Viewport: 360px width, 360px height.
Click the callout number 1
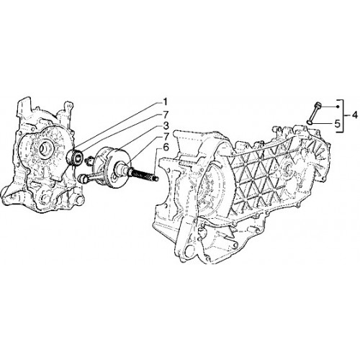[165, 102]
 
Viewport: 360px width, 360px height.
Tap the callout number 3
[166, 125]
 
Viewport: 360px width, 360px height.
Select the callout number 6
[166, 148]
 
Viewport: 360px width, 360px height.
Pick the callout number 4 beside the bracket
[355, 116]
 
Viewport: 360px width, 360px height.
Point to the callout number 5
[337, 124]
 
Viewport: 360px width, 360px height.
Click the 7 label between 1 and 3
[166, 114]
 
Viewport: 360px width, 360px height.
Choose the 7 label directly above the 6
[166, 136]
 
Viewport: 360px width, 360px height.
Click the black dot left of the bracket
[338, 107]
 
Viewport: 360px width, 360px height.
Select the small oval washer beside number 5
[310, 123]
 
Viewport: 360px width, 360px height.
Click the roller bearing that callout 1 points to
[75, 157]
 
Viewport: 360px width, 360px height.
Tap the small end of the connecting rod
[82, 179]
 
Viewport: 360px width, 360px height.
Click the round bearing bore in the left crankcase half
[45, 149]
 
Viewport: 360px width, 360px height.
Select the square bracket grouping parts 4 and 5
[342, 116]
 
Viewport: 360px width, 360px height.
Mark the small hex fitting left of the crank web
[89, 160]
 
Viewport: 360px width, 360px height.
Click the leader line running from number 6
[157, 163]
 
